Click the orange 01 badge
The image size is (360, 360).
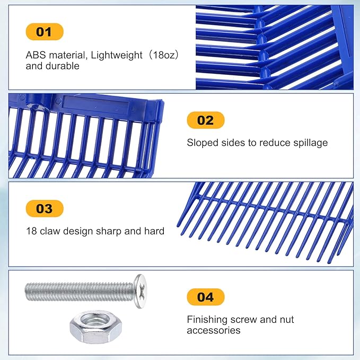click(45, 32)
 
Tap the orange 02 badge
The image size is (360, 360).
click(206, 120)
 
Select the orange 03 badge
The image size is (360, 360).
click(45, 208)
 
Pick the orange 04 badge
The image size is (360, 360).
click(206, 297)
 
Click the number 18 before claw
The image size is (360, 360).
click(31, 231)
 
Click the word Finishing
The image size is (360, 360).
click(207, 320)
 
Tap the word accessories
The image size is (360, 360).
click(214, 331)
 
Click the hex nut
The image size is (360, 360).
click(96, 327)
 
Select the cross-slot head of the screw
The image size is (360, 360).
click(141, 291)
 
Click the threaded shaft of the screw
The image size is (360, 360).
click(80, 292)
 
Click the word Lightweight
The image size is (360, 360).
click(117, 56)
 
